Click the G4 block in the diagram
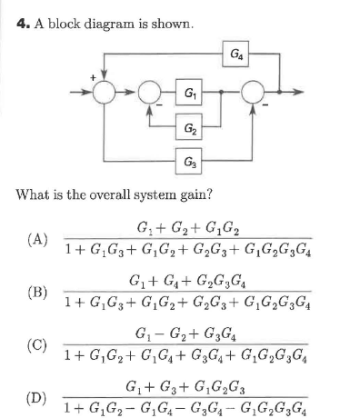pyautogui.click(x=235, y=54)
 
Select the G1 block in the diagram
pyautogui.click(x=187, y=93)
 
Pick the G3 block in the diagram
pyautogui.click(x=187, y=163)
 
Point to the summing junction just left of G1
pyautogui.click(x=145, y=93)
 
